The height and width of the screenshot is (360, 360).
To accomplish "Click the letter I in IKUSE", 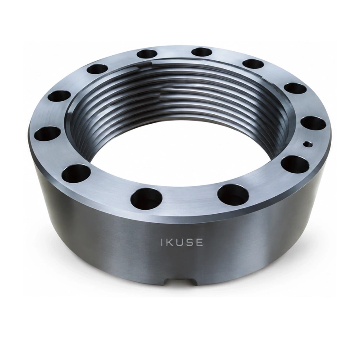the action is [x=162, y=243].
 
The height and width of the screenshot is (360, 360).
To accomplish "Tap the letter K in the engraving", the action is [x=169, y=243].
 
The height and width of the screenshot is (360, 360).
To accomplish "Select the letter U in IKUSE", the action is [x=179, y=243].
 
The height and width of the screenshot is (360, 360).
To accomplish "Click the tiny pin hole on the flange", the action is [x=308, y=144].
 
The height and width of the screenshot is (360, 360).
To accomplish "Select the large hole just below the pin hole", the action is [x=295, y=163].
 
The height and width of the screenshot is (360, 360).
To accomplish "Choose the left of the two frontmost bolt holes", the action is [x=147, y=198].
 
